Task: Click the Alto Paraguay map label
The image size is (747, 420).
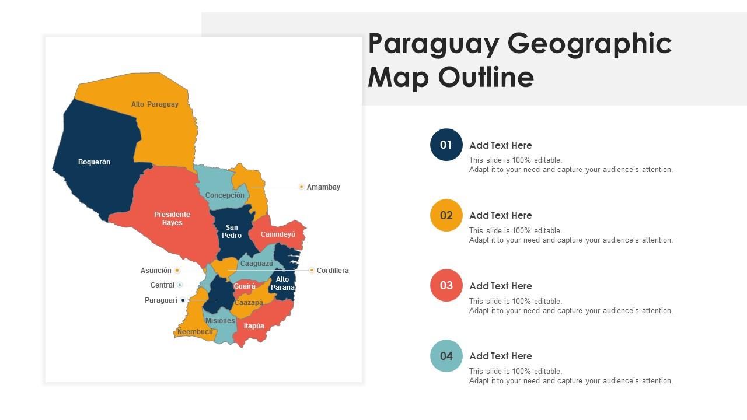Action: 155,104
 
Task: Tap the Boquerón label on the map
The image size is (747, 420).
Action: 94,162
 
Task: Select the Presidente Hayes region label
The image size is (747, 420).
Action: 172,219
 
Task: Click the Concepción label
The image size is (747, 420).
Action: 225,195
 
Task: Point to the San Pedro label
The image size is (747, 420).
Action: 232,232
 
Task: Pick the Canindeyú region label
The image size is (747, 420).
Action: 278,235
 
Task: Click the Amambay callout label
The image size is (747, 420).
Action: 323,187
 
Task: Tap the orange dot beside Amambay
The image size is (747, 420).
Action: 301,187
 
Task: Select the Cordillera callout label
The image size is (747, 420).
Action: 333,271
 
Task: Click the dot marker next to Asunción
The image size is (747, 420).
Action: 177,271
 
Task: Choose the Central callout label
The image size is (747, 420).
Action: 162,285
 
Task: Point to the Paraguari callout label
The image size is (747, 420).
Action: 161,300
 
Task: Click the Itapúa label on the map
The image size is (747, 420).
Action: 254,326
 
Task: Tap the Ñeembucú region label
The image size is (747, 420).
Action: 195,332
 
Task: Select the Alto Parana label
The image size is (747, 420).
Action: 282,283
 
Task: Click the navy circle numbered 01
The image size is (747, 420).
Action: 446,145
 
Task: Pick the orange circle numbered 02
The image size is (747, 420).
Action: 446,215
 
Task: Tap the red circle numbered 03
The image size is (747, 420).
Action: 446,285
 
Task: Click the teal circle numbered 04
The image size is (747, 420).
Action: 446,356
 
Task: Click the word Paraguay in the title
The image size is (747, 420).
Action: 432,44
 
